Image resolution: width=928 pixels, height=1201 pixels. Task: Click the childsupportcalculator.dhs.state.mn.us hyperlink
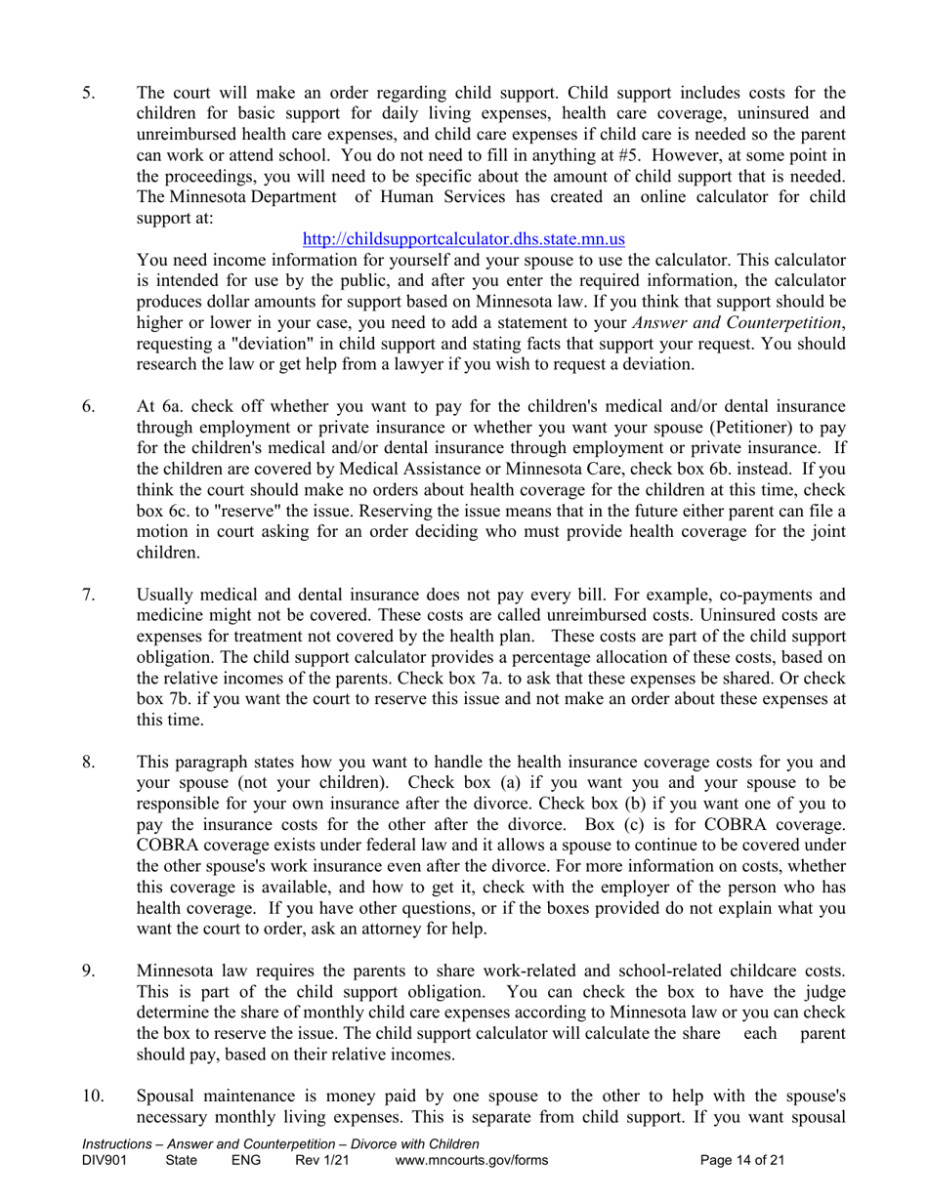tap(464, 238)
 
